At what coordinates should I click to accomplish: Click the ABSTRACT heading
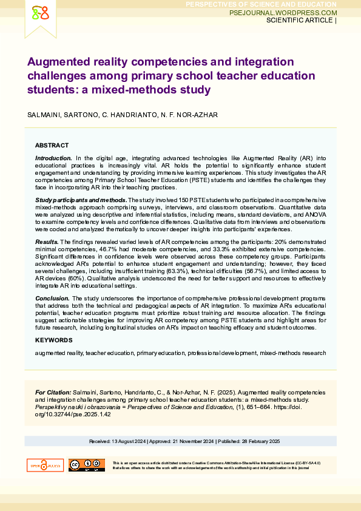[52, 146]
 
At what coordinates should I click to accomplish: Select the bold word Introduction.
[53, 158]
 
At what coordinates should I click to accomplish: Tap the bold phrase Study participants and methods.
[81, 200]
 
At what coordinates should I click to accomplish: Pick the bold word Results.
[46, 242]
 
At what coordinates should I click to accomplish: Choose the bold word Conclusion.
[52, 299]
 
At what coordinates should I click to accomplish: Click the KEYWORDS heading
[53, 340]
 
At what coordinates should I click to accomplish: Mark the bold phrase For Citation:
[53, 393]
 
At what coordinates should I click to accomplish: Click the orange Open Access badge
[44, 465]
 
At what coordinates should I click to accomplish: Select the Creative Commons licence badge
[86, 465]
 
